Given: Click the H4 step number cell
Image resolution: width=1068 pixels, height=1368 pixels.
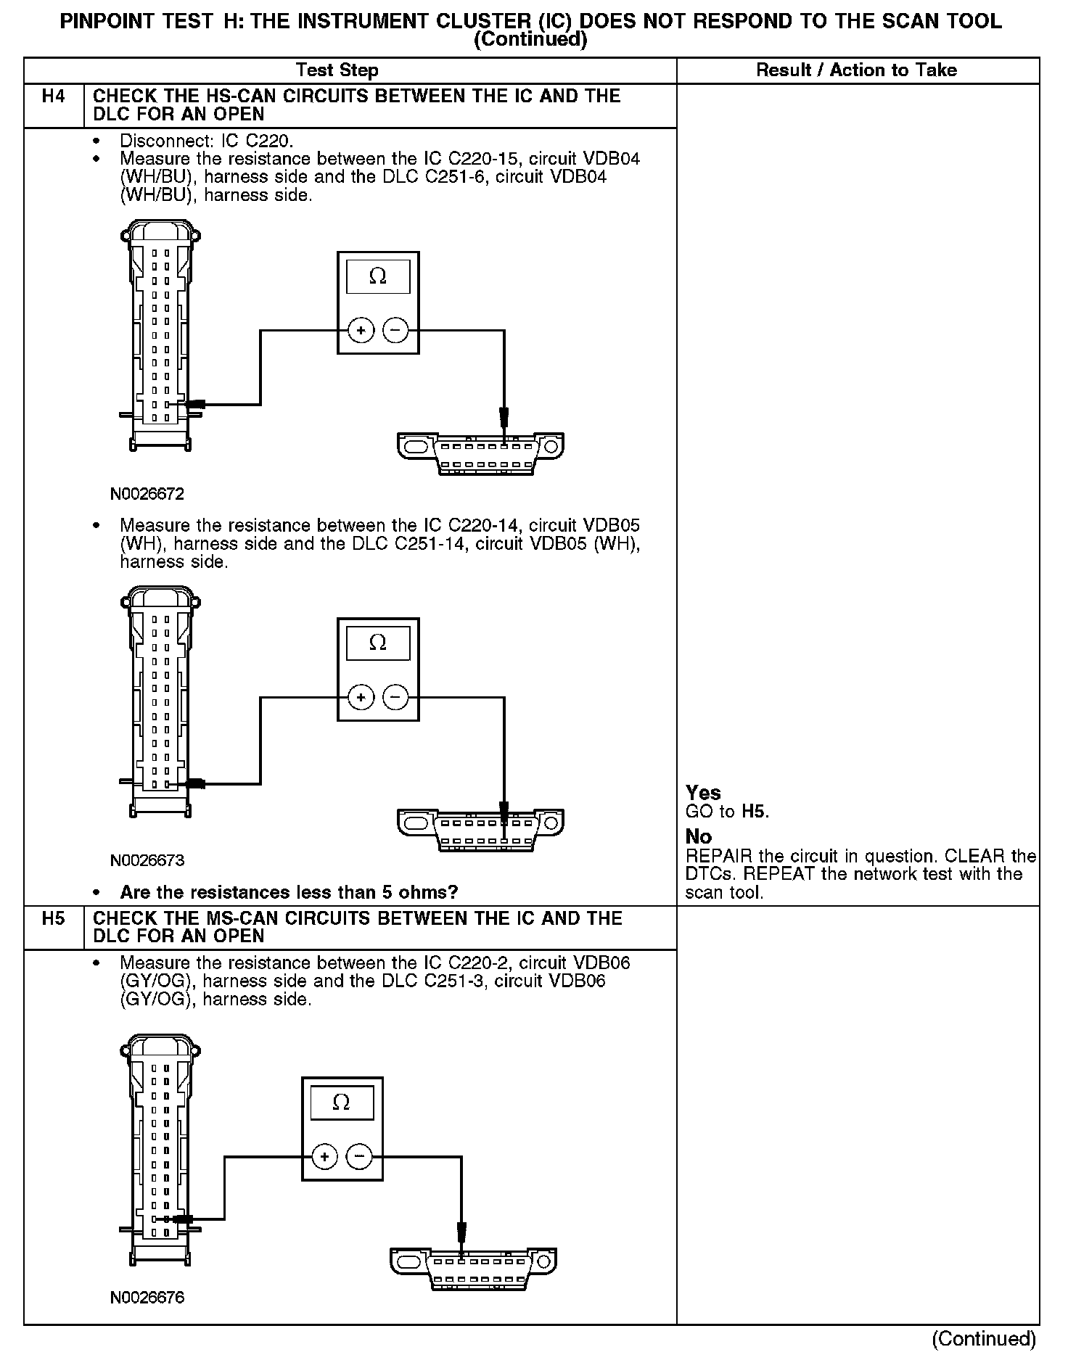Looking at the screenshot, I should tap(54, 96).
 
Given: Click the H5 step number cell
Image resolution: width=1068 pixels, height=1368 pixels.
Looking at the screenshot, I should tap(54, 918).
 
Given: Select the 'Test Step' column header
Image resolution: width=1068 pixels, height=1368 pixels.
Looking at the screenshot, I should tap(337, 70).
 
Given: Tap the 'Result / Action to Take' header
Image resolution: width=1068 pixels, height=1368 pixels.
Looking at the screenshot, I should tap(856, 70).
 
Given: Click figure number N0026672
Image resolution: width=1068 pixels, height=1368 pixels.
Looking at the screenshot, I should tap(147, 495).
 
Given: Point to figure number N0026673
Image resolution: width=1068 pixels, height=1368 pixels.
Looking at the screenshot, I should tap(147, 861).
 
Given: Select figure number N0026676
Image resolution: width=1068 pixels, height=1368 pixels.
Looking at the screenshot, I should tap(147, 1298).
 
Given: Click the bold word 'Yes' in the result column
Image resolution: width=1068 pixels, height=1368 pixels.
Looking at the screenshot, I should tap(703, 793).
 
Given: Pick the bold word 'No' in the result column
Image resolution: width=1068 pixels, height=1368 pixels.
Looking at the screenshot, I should tap(698, 837).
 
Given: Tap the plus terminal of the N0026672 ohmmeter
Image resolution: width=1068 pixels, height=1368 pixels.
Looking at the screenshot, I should tap(361, 331).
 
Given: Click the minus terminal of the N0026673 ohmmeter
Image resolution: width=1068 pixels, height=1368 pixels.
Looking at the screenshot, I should tap(395, 698).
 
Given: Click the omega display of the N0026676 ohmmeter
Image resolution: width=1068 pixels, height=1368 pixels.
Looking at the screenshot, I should tap(342, 1103).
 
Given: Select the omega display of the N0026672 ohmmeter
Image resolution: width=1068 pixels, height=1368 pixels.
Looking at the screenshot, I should tap(378, 277).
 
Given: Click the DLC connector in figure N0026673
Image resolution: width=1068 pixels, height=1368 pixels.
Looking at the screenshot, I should tap(480, 830).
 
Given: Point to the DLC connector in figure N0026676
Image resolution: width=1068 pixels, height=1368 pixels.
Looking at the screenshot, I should tap(473, 1269).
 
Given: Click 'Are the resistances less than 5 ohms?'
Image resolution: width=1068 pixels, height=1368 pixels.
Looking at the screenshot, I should tap(289, 892).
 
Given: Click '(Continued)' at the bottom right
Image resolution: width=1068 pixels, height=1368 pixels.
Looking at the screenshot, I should tap(983, 1339).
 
